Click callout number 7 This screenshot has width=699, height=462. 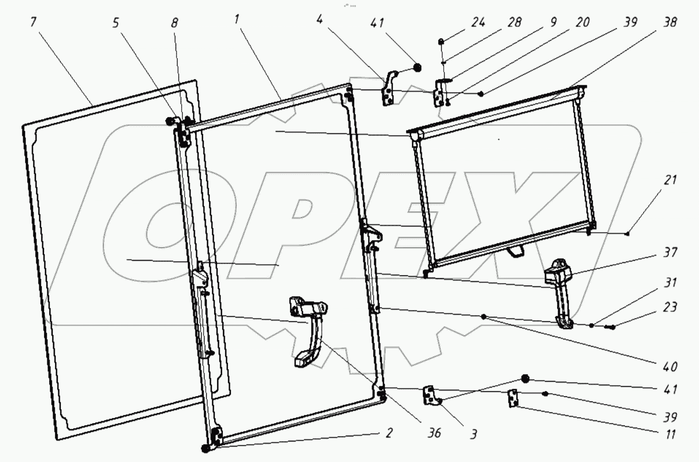33,22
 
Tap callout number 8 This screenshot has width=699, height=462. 174,23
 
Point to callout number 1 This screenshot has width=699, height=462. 237,19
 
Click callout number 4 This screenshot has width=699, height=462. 319,19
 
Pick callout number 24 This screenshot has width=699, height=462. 478,22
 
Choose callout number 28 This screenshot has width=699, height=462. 515,22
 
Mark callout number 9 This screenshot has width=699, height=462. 553,22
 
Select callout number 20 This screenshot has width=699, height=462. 583,22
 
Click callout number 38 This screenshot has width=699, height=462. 670,22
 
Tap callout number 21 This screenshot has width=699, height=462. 670,180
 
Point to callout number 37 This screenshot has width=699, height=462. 670,253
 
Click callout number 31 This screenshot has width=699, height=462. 670,282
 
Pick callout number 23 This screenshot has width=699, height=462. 670,307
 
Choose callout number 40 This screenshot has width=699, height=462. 670,367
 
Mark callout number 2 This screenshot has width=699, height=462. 389,433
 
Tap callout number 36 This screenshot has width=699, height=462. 434,433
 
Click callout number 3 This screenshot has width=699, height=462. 474,434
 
